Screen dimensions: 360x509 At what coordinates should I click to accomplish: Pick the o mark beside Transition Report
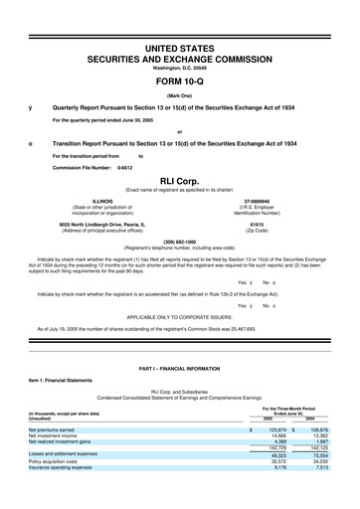coord(32,143)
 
